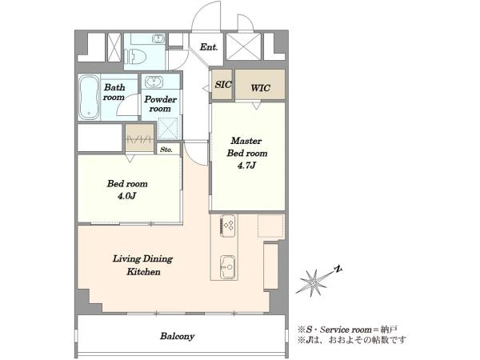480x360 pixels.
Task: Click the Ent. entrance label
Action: click(209, 47)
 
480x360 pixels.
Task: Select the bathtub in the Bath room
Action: click(89, 98)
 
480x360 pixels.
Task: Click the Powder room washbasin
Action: click(154, 82)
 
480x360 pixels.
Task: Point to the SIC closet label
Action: click(223, 85)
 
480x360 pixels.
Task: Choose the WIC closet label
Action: click(261, 88)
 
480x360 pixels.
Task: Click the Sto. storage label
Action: click(166, 150)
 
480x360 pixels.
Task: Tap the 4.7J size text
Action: click(246, 166)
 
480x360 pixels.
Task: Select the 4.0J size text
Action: click(126, 196)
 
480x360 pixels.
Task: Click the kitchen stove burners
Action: click(228, 226)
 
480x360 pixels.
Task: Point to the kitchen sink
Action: click(228, 267)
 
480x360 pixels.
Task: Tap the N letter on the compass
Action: click(338, 269)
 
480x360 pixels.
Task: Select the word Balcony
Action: click(178, 336)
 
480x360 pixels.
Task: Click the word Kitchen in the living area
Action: click(143, 271)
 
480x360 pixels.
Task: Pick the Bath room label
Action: click(114, 92)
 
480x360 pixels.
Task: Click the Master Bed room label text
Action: click(246, 147)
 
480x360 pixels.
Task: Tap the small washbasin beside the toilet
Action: click(159, 39)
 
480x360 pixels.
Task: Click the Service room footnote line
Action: click(348, 330)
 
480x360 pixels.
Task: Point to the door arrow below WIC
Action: click(257, 106)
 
